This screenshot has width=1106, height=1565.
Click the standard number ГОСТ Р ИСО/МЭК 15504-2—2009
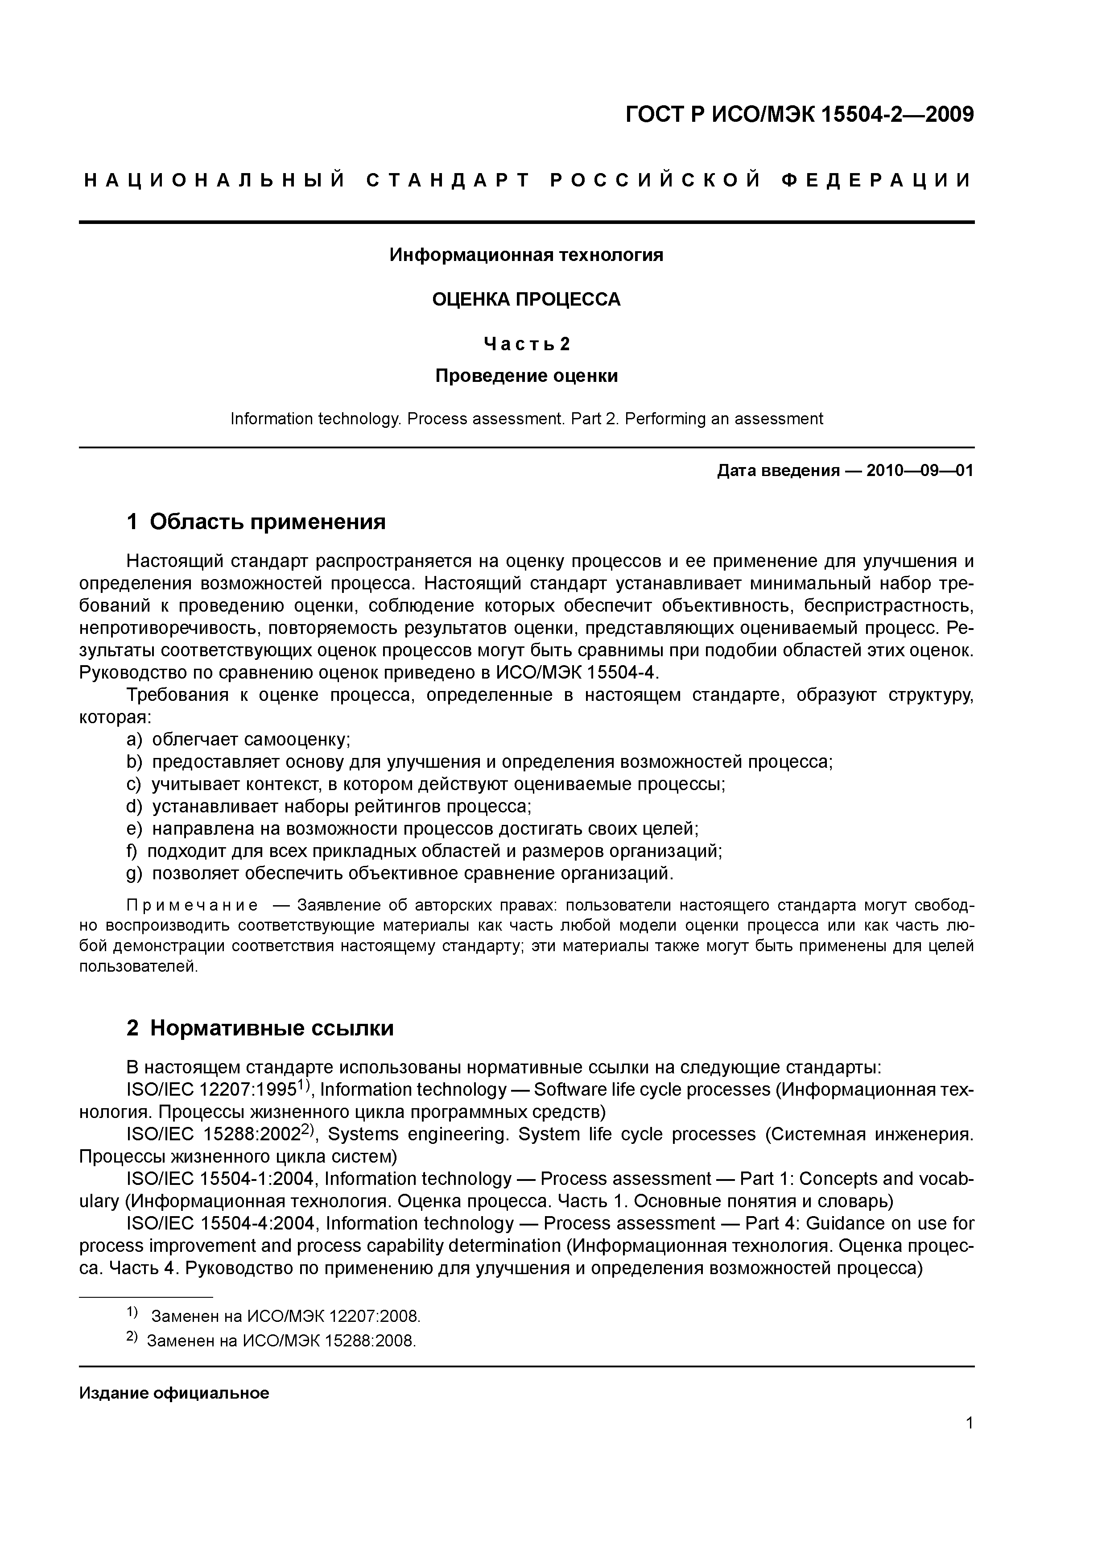[799, 115]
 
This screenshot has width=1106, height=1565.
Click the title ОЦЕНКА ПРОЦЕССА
[526, 299]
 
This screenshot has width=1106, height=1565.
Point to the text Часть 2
[526, 344]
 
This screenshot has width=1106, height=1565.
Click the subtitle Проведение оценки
[526, 376]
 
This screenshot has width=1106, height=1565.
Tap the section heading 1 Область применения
[256, 522]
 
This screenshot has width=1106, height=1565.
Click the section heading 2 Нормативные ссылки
[260, 1028]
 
